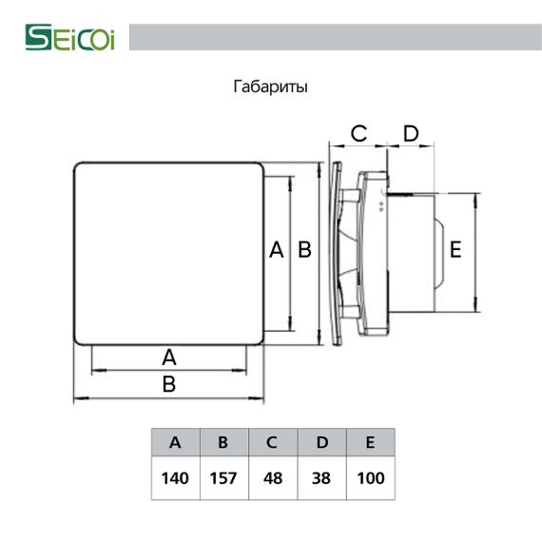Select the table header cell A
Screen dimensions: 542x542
175,442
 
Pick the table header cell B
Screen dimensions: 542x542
223,442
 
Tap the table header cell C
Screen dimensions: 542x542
272,442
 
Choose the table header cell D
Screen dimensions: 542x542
321,442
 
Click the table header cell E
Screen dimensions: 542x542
370,442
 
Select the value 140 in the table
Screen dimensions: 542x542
175,477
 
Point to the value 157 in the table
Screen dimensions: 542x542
223,477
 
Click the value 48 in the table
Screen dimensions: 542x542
272,477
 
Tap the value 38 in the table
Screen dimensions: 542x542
321,477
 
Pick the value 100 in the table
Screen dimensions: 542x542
370,477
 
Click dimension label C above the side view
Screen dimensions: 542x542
358,134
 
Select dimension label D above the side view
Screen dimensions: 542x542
411,134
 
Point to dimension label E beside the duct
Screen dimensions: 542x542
455,250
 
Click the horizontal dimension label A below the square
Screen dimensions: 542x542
169,358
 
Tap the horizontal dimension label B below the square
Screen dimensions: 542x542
169,384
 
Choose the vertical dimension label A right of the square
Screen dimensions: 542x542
277,250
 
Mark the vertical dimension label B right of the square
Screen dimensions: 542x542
304,250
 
